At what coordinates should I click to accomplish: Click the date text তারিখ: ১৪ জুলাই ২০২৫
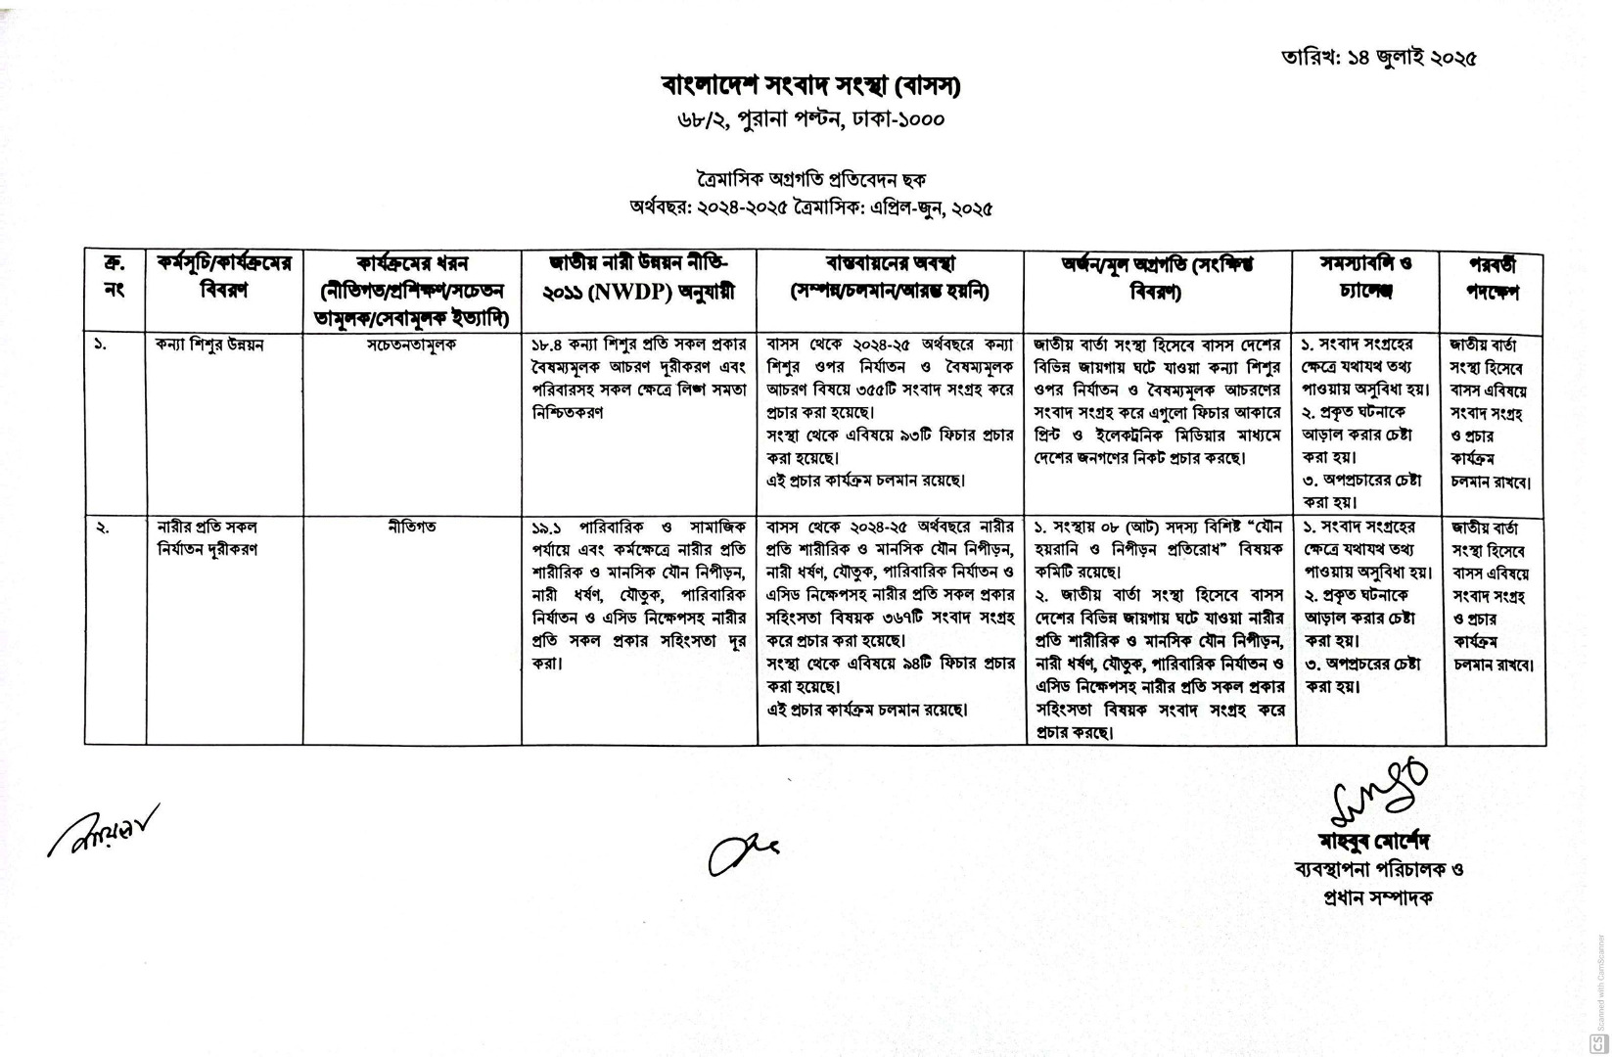pyautogui.click(x=1378, y=56)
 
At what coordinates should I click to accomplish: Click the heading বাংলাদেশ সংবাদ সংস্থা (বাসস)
pyautogui.click(x=809, y=86)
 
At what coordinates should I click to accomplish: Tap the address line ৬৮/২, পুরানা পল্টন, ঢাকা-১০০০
pyautogui.click(x=809, y=119)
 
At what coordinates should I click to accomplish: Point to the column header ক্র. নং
pyautogui.click(x=114, y=277)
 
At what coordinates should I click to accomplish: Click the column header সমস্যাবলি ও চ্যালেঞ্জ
pyautogui.click(x=1366, y=277)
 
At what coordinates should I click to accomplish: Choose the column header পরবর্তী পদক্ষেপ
pyautogui.click(x=1492, y=278)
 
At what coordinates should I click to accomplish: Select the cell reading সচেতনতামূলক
pyautogui.click(x=411, y=345)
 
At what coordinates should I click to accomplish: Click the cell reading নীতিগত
pyautogui.click(x=411, y=527)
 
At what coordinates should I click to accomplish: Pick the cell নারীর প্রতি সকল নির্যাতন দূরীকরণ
pyautogui.click(x=207, y=537)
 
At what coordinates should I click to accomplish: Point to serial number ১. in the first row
pyautogui.click(x=101, y=345)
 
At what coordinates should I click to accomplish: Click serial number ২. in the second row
pyautogui.click(x=101, y=528)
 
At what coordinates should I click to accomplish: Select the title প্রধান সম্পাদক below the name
pyautogui.click(x=1375, y=896)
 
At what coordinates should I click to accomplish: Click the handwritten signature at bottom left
pyautogui.click(x=102, y=830)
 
